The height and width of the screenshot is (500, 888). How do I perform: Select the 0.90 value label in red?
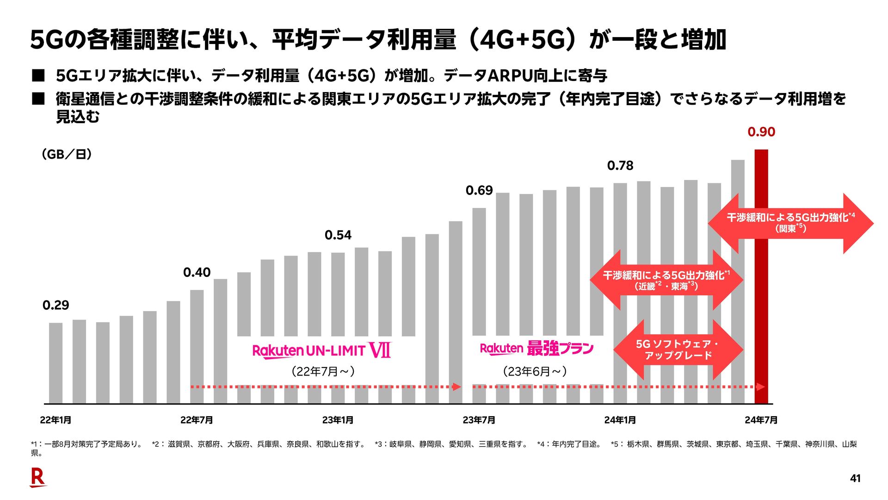pos(761,132)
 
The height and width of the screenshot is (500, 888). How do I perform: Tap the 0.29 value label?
pos(55,305)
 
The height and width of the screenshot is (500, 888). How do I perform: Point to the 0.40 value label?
pos(197,272)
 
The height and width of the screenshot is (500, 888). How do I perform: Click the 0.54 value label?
pos(338,235)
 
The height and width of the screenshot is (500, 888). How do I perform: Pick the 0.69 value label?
pos(479,190)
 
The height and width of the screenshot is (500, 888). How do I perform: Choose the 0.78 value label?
pos(620,165)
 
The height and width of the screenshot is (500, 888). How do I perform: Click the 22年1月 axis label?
pos(55,420)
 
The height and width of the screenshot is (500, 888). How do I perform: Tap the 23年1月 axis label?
pos(338,420)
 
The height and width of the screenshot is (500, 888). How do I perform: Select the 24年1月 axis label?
pos(620,420)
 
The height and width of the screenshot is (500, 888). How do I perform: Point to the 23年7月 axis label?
pos(479,420)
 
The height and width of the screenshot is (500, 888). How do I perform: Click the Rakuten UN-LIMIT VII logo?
pos(321,350)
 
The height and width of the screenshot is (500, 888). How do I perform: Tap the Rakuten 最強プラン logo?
pos(536,348)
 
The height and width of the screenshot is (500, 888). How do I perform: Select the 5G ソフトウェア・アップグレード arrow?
pos(678,350)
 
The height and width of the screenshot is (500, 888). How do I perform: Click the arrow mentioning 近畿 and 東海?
pos(666,280)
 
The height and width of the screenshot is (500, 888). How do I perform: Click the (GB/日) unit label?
pos(67,154)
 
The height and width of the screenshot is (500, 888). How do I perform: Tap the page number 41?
pos(855,478)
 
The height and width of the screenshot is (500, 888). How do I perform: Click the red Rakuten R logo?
pos(38,477)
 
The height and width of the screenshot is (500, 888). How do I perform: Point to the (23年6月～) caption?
pos(535,371)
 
